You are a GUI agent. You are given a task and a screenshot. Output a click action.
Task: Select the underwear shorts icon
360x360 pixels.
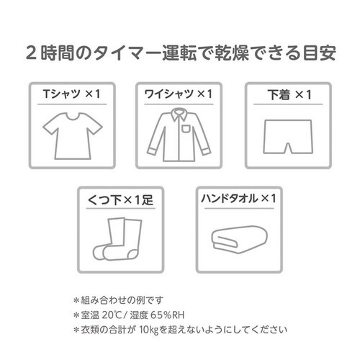[x=288, y=137]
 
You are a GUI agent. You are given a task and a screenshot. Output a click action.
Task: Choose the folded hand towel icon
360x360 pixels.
[x=239, y=240]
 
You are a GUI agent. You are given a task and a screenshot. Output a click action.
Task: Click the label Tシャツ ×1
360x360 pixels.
[x=71, y=94]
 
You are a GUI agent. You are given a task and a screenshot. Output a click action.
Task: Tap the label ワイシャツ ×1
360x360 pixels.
[x=179, y=94]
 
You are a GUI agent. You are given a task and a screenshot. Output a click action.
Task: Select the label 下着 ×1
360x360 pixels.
[x=289, y=94]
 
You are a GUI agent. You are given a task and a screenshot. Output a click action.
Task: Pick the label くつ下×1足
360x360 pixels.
[x=120, y=199]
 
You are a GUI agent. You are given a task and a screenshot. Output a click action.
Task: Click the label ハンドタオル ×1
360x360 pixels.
[x=239, y=199]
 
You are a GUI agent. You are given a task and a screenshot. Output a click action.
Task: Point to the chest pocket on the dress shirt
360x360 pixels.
[x=186, y=129]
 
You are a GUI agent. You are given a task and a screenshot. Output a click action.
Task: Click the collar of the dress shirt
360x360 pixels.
[x=179, y=114]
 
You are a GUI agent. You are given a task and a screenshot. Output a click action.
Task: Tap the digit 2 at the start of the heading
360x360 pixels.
[x=31, y=53]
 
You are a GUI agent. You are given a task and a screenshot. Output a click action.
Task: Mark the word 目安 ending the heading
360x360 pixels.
[x=319, y=53]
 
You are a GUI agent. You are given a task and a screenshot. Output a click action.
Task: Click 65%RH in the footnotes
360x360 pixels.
[x=167, y=315]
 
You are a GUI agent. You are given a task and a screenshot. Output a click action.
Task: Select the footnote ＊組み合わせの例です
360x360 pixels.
[x=118, y=300]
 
